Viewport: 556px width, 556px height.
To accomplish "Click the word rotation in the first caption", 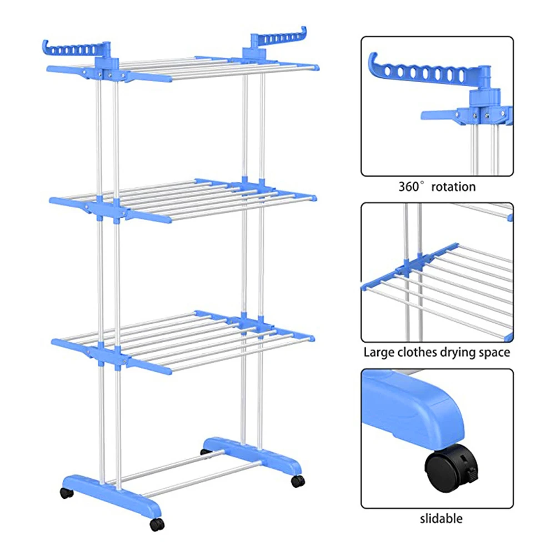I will [453, 187].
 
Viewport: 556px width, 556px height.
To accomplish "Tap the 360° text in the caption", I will [412, 187].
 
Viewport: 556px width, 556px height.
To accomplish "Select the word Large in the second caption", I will [378, 352].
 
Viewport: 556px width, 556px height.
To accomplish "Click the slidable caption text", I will [441, 519].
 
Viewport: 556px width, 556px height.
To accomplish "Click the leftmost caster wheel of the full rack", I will [66, 493].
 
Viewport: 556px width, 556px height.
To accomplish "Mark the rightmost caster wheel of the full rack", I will [298, 480].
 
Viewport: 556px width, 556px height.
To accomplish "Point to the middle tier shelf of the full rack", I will [183, 198].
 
